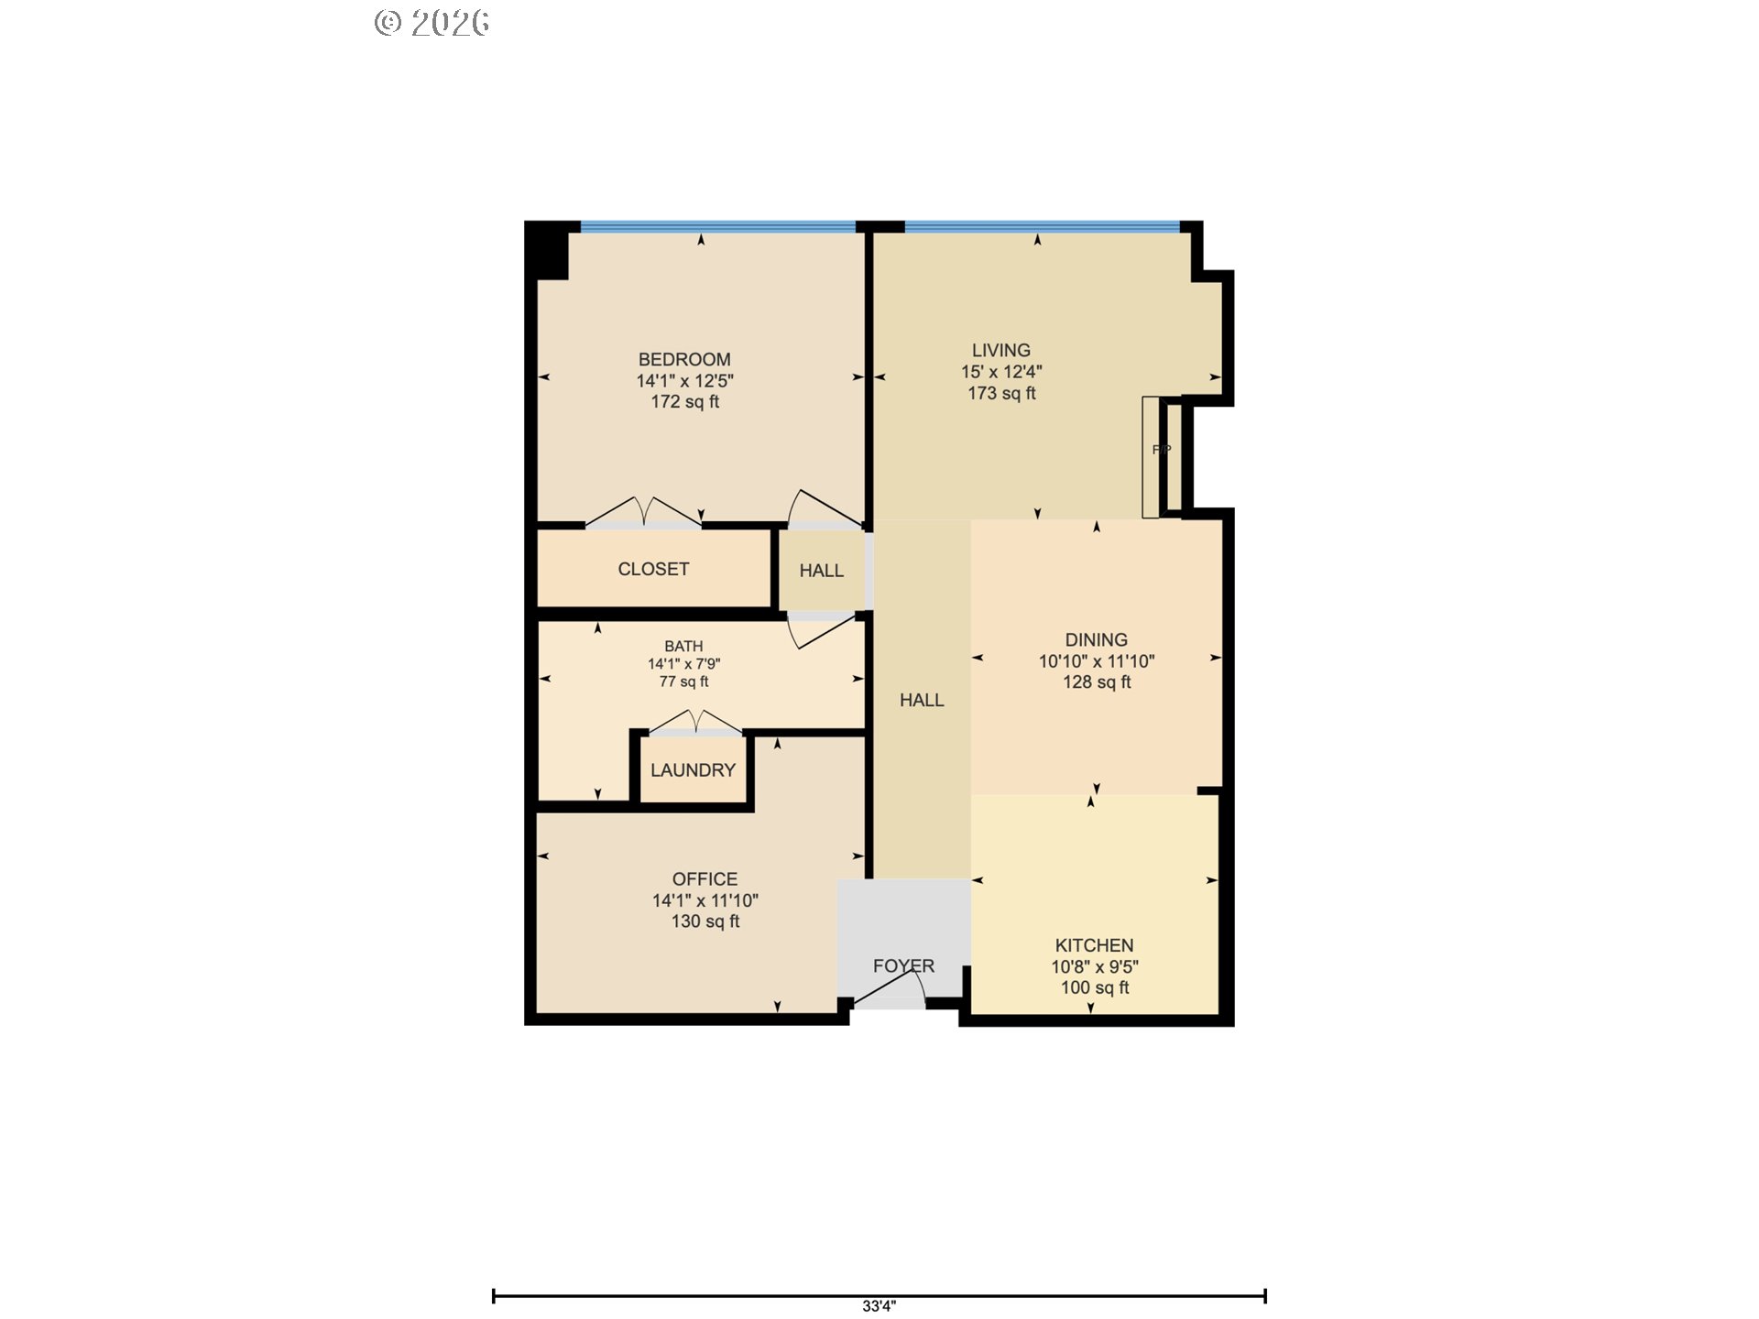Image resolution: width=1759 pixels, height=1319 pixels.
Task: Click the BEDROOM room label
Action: pyautogui.click(x=684, y=360)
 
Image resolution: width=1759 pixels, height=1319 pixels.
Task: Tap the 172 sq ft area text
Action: pyautogui.click(x=684, y=402)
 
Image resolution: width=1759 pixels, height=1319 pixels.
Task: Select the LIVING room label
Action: pyautogui.click(x=1000, y=351)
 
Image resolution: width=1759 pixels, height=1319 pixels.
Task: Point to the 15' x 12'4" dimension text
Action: pyautogui.click(x=1000, y=372)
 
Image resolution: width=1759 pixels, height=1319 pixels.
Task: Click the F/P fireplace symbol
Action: pyautogui.click(x=1161, y=450)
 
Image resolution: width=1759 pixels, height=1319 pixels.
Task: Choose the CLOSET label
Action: pyautogui.click(x=653, y=569)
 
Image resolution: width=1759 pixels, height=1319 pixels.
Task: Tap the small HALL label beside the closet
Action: pyautogui.click(x=821, y=571)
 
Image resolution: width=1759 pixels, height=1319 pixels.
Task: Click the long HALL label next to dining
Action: pyautogui.click(x=921, y=701)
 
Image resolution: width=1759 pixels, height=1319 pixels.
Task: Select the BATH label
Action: pyautogui.click(x=683, y=647)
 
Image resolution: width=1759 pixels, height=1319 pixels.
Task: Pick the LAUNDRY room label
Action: pyautogui.click(x=693, y=770)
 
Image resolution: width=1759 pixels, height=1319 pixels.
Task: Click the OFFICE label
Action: pyautogui.click(x=705, y=879)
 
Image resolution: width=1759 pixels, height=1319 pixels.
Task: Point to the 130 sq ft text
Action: pyautogui.click(x=705, y=921)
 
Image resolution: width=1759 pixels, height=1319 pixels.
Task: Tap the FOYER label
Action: pyautogui.click(x=903, y=966)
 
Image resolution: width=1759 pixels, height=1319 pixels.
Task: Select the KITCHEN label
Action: pyautogui.click(x=1094, y=945)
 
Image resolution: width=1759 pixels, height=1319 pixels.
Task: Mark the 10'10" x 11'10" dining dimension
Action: pyautogui.click(x=1096, y=661)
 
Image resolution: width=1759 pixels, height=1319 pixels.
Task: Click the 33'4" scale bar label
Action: pyautogui.click(x=879, y=1306)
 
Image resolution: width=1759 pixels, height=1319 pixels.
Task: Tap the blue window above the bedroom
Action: pyautogui.click(x=717, y=226)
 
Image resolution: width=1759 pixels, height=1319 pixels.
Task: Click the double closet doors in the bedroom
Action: pyautogui.click(x=644, y=513)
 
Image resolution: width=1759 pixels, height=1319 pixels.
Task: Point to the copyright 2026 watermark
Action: pyautogui.click(x=432, y=23)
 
